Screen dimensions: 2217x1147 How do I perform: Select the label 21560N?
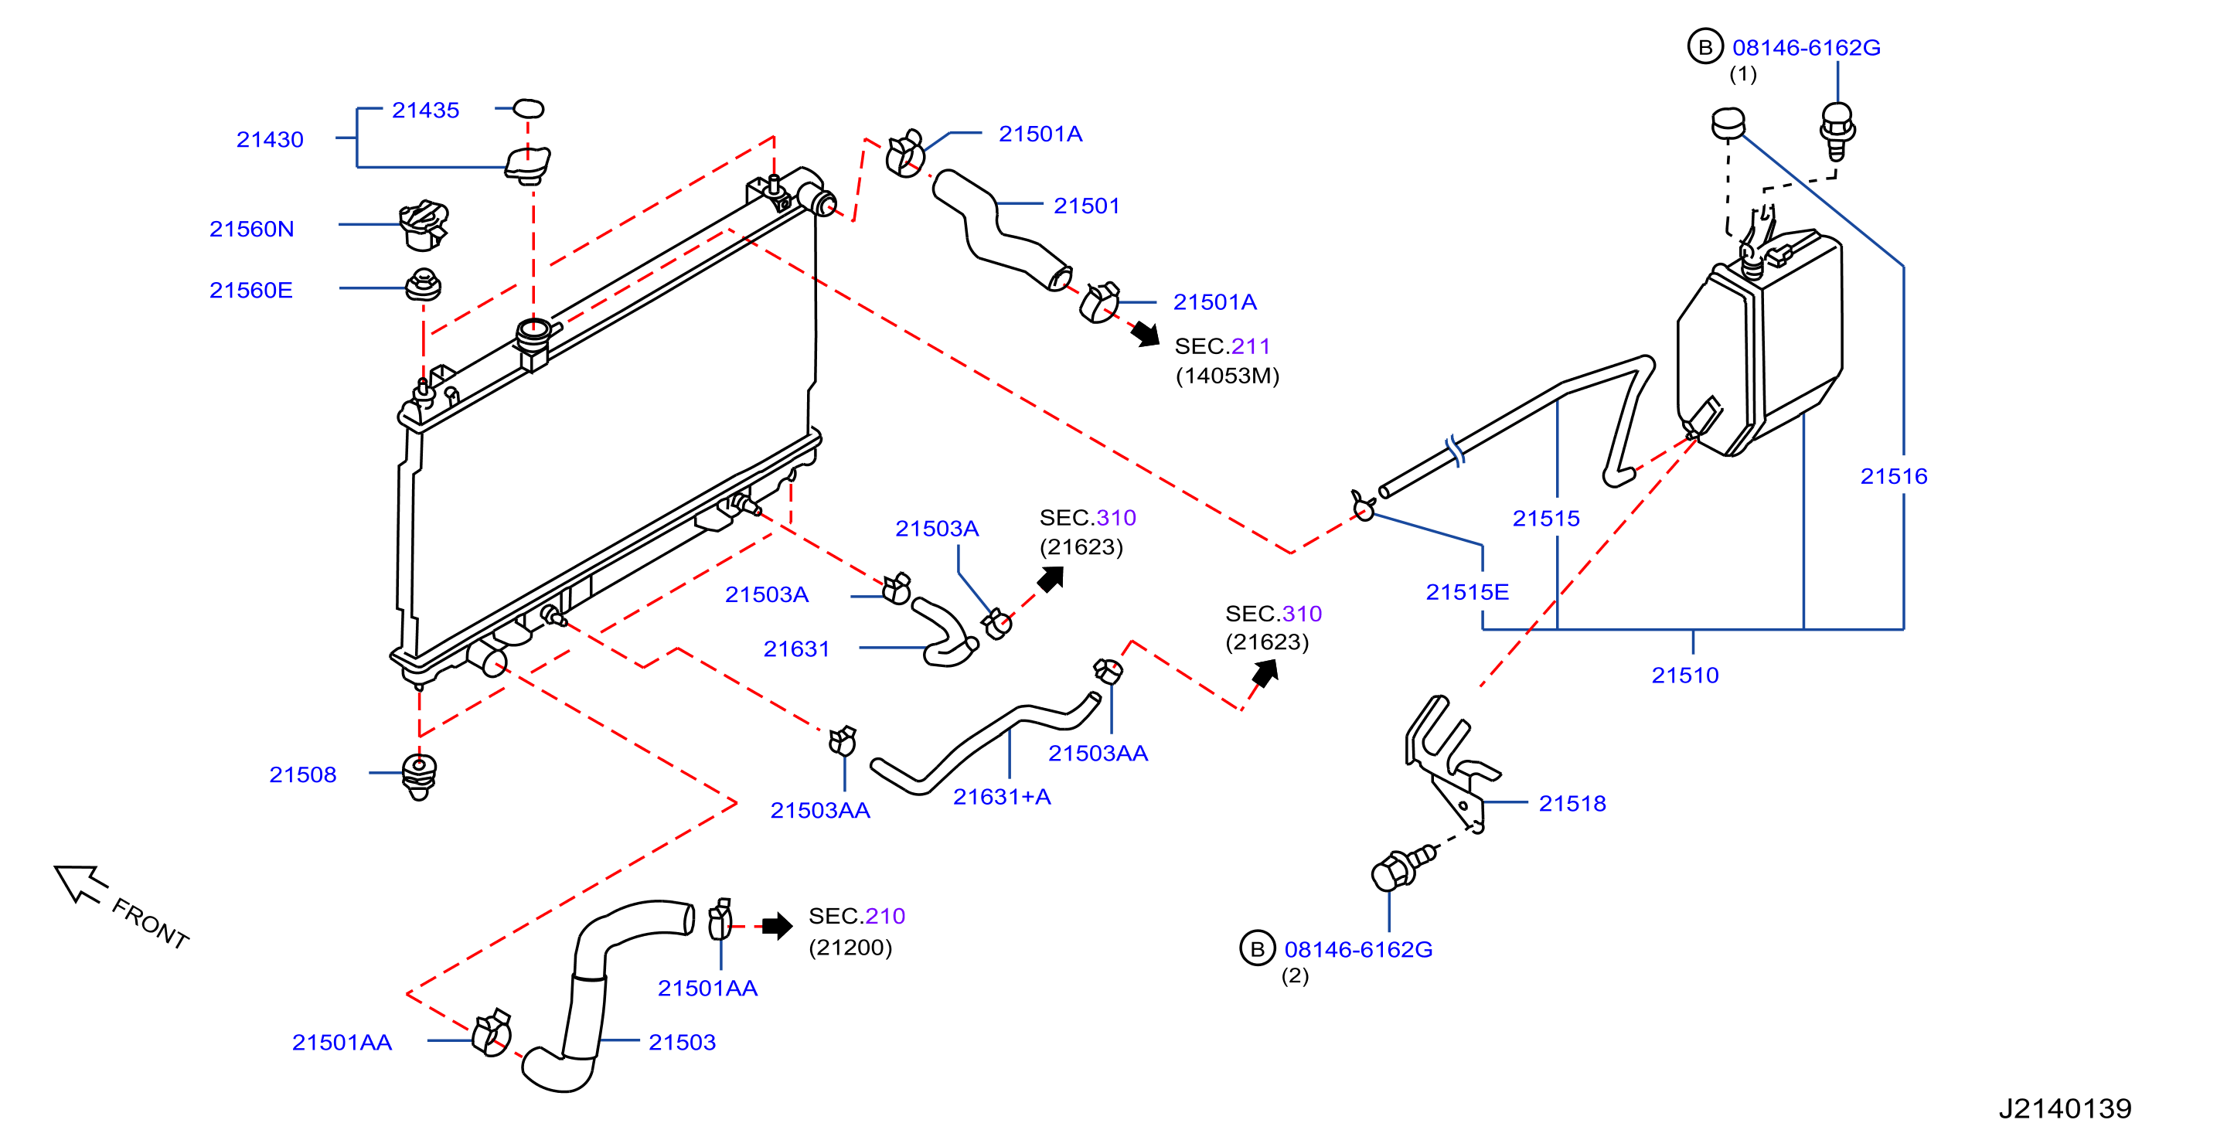point(251,229)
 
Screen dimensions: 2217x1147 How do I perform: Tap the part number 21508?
point(302,774)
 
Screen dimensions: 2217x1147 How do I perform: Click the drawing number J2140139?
point(2065,1108)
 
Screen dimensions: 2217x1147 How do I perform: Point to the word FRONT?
point(151,924)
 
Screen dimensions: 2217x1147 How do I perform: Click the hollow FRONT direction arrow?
point(81,883)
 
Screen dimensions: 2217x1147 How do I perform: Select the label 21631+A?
point(1002,797)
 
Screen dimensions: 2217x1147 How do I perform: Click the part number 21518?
point(1572,804)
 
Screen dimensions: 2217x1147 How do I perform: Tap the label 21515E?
point(1467,592)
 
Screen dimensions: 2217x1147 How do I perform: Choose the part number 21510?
point(1685,676)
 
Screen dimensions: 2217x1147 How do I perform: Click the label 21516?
point(1893,477)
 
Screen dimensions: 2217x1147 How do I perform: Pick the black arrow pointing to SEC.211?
point(1146,334)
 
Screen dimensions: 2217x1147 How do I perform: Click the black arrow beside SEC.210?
point(777,926)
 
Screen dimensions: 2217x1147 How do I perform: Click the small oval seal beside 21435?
point(529,108)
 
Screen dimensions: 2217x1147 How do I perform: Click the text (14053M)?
point(1228,376)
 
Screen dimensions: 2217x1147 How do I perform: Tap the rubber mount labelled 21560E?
point(424,284)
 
